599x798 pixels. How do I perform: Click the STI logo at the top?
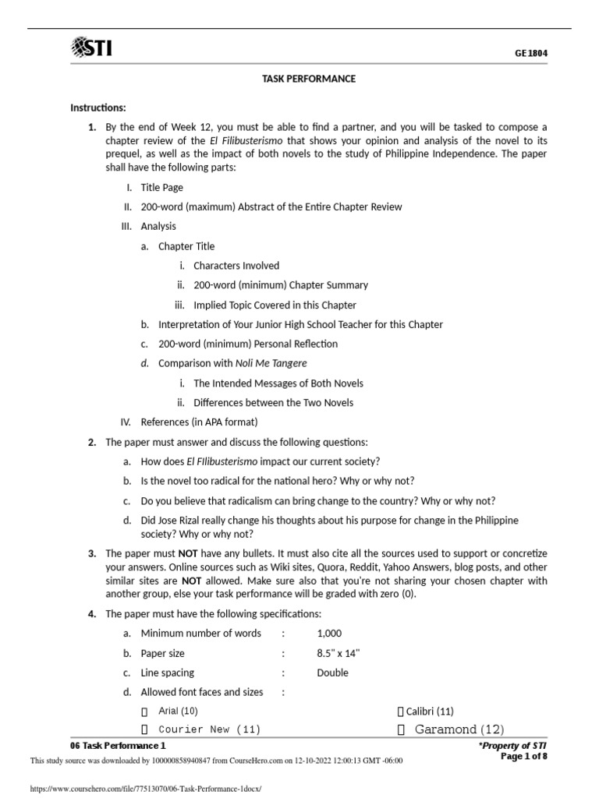click(x=91, y=49)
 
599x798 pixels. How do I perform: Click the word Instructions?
click(x=97, y=108)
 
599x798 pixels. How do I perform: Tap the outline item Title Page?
click(x=162, y=187)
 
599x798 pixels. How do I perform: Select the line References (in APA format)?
click(x=199, y=422)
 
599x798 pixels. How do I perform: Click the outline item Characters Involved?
click(x=236, y=266)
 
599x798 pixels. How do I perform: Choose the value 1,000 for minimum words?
click(x=329, y=634)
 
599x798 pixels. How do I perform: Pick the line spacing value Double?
click(x=332, y=673)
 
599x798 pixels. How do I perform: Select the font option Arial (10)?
click(x=178, y=711)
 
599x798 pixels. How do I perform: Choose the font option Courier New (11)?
click(x=209, y=729)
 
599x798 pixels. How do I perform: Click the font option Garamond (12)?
click(x=459, y=729)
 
